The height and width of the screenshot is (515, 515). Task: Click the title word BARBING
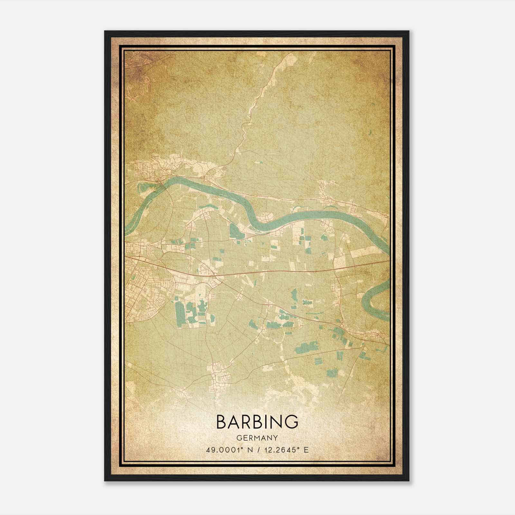(x=257, y=422)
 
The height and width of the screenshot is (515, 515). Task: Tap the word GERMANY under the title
(x=257, y=438)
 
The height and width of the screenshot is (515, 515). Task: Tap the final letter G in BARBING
(x=291, y=422)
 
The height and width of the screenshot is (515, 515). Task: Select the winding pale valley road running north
(x=254, y=106)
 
